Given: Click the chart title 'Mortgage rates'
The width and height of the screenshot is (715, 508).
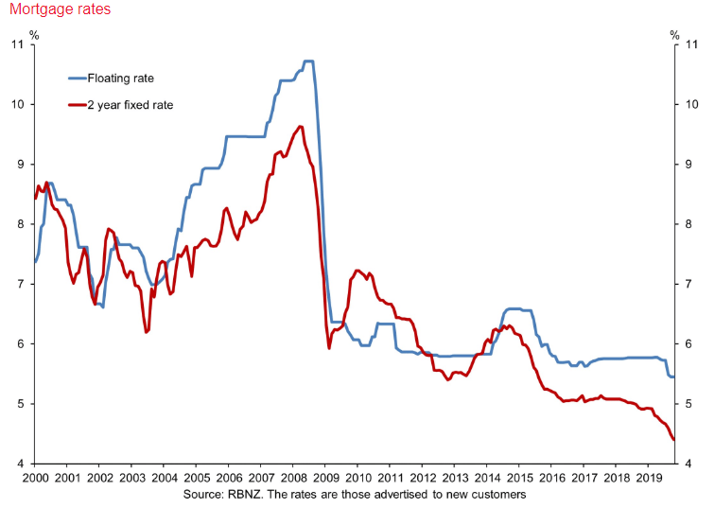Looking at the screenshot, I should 57,9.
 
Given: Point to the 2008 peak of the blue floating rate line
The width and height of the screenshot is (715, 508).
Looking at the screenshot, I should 308,61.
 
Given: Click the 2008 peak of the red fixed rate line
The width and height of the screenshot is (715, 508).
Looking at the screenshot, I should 300,126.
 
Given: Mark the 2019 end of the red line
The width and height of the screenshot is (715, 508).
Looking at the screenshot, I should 673,440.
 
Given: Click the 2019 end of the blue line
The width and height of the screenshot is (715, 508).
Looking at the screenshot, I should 673,377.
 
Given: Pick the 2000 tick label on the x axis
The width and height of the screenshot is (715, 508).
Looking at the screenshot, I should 34,479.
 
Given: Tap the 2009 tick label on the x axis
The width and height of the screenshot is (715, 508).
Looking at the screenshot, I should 325,479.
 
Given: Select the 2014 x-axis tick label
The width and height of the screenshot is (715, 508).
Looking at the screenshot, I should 487,479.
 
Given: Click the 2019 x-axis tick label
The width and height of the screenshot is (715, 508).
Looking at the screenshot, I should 649,479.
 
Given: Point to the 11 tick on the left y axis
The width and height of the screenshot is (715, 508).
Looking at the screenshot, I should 19,44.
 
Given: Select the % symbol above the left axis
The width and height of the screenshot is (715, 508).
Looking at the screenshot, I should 34,35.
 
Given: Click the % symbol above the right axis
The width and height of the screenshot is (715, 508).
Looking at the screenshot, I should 674,35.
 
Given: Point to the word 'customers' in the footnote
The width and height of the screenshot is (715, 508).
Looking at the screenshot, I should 498,494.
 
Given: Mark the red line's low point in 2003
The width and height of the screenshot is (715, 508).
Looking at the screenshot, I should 147,332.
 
